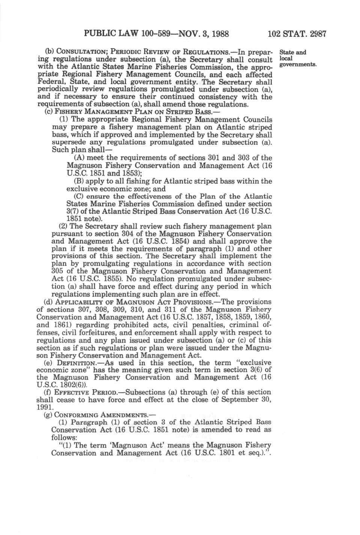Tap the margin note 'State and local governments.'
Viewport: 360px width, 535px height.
pos(297,58)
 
